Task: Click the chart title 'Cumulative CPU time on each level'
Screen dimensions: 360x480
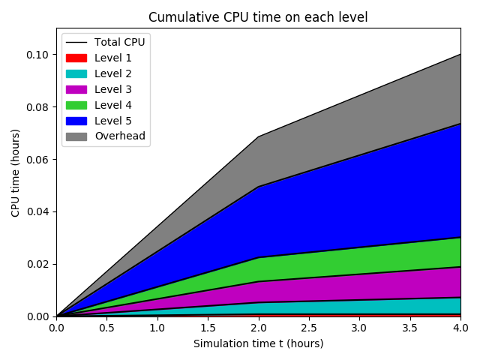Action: click(x=258, y=17)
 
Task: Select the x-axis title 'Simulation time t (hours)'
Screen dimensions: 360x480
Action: click(x=258, y=343)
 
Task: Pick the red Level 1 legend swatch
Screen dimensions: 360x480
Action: click(x=76, y=58)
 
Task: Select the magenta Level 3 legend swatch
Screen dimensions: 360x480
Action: click(x=76, y=89)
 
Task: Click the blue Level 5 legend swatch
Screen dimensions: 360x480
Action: click(x=76, y=121)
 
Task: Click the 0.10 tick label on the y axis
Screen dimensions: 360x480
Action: click(x=38, y=55)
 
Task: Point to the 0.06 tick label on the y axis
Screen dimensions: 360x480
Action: click(x=38, y=160)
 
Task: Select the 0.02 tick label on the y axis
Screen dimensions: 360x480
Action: click(x=38, y=264)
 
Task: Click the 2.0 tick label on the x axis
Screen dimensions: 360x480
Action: click(x=258, y=328)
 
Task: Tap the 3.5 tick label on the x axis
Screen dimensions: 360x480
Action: click(x=409, y=328)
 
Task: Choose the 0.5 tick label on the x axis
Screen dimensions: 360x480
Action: click(x=106, y=328)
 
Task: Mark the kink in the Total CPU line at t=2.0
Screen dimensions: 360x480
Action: click(x=258, y=136)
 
